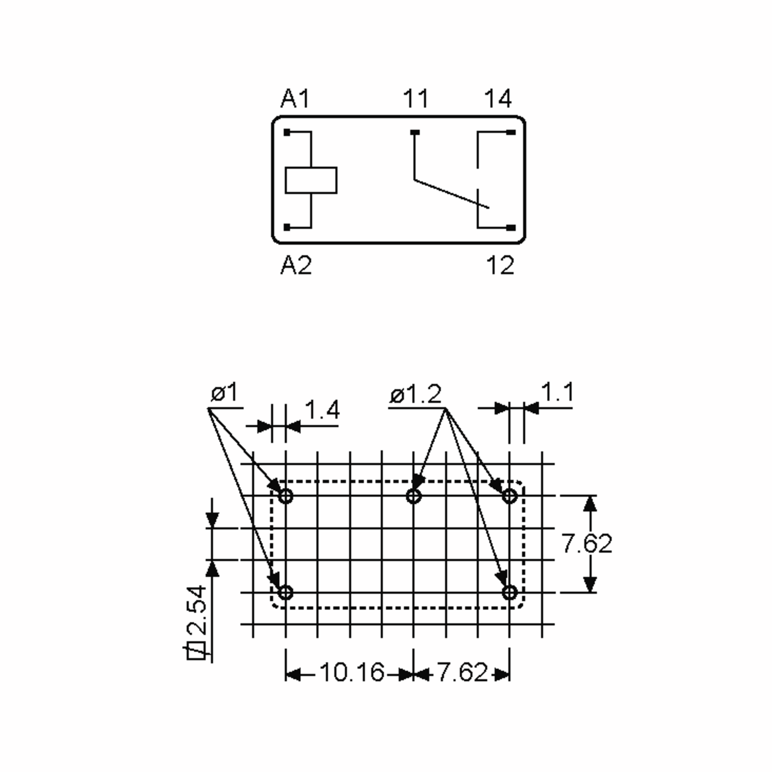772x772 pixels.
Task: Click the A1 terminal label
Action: (295, 99)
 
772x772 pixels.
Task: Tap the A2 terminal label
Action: (296, 265)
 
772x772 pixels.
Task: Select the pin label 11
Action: (416, 99)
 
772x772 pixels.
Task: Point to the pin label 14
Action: (498, 99)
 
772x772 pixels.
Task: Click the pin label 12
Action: (500, 265)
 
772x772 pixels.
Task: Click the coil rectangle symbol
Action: (311, 180)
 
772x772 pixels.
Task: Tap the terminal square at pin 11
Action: (416, 132)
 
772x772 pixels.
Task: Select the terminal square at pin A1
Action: (287, 132)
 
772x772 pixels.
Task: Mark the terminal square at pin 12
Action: (511, 228)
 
